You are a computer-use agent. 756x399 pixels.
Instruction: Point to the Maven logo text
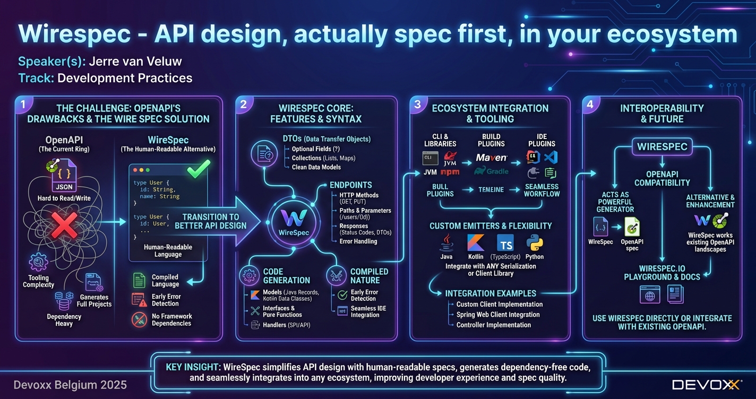click(x=491, y=158)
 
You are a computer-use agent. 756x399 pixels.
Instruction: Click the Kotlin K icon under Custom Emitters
click(x=476, y=242)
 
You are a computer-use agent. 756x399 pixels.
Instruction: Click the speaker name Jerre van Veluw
click(x=135, y=61)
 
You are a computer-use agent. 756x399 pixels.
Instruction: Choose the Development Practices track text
click(x=124, y=78)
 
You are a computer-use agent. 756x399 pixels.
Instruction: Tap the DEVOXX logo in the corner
click(x=706, y=385)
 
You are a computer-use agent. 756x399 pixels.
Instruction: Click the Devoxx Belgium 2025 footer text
click(x=70, y=385)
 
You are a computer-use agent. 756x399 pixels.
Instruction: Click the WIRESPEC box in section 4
click(x=662, y=146)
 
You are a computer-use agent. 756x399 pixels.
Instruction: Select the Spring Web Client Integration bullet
click(x=498, y=315)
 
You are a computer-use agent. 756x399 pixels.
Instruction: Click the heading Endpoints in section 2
click(x=350, y=185)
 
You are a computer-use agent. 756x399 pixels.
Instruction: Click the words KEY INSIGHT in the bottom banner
click(x=193, y=367)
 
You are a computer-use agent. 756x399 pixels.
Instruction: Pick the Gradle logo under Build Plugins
click(x=491, y=171)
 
